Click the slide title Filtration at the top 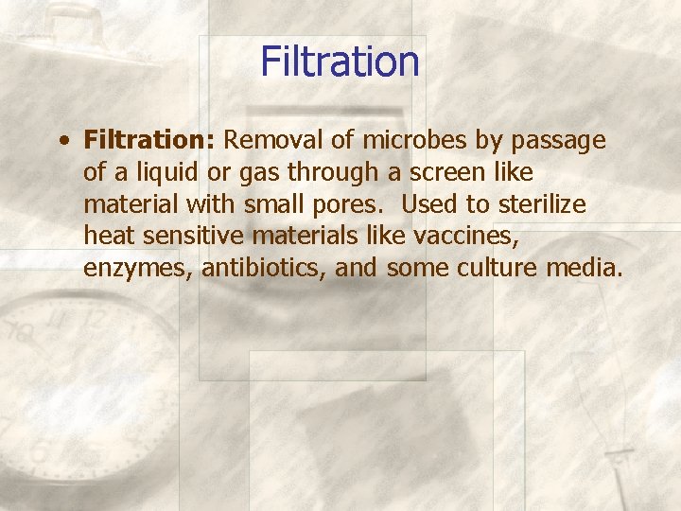[340, 62]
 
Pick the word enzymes [137, 270]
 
